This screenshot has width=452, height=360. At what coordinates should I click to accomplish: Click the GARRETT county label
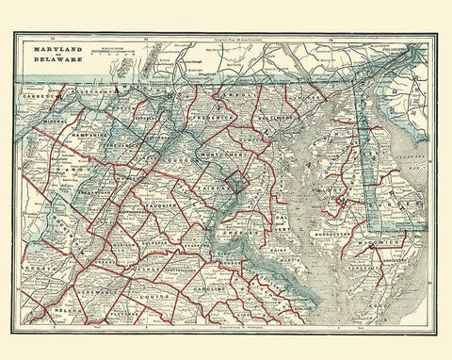40,96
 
